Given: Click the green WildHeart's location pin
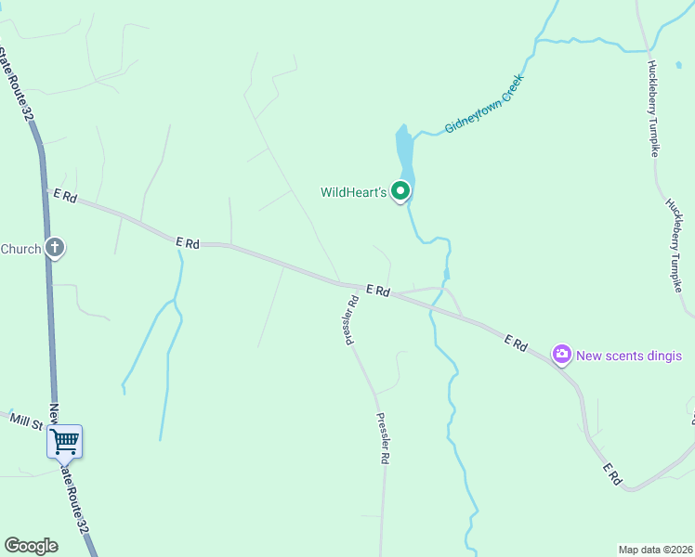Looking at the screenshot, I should [400, 191].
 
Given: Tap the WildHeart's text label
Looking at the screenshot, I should [353, 193].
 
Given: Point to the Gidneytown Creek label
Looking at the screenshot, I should [484, 104].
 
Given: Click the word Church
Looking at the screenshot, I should [20, 249].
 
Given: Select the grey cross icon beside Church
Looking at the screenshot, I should [55, 247].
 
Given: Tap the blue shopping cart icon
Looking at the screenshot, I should [65, 441].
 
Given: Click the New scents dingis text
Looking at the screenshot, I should [629, 356].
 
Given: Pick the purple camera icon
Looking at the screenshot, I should [561, 354].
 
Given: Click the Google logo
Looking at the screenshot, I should [31, 546].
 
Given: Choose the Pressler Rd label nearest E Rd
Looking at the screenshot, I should [352, 319].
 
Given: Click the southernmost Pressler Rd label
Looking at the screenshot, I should [383, 439].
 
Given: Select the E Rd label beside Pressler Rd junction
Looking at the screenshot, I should [376, 291].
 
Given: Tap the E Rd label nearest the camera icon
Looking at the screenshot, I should [516, 344].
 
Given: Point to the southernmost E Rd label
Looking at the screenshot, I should [611, 473].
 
